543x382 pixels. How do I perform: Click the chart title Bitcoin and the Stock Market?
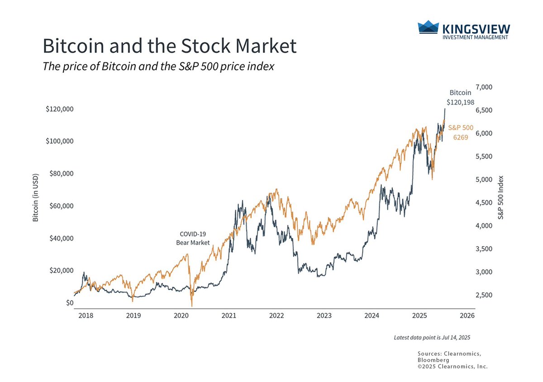169,47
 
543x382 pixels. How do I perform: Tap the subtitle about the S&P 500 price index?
158,66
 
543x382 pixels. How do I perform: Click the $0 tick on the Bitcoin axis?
69,303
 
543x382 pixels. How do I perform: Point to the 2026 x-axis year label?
467,316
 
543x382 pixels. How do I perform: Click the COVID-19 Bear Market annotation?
193,239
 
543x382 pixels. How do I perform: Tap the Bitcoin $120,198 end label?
460,98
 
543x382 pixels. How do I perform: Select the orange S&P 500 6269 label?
461,132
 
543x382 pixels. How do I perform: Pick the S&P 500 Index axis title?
500,198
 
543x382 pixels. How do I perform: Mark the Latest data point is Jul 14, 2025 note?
432,338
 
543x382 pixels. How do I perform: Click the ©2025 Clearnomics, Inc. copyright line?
452,367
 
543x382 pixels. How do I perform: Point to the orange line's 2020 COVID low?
192,306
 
